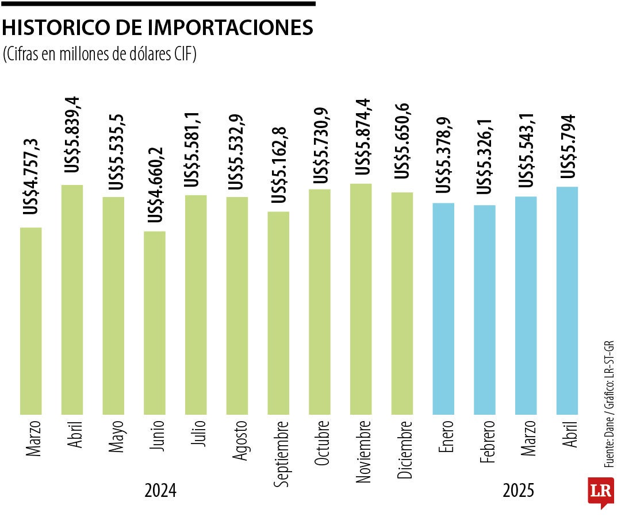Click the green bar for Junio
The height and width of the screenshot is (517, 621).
tap(155, 322)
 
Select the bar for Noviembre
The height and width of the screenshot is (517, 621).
tap(361, 299)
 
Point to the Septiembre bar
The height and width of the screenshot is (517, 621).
tap(278, 312)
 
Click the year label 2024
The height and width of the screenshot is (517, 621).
tap(160, 491)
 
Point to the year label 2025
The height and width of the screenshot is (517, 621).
tap(518, 491)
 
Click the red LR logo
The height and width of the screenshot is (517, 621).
tap(600, 491)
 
